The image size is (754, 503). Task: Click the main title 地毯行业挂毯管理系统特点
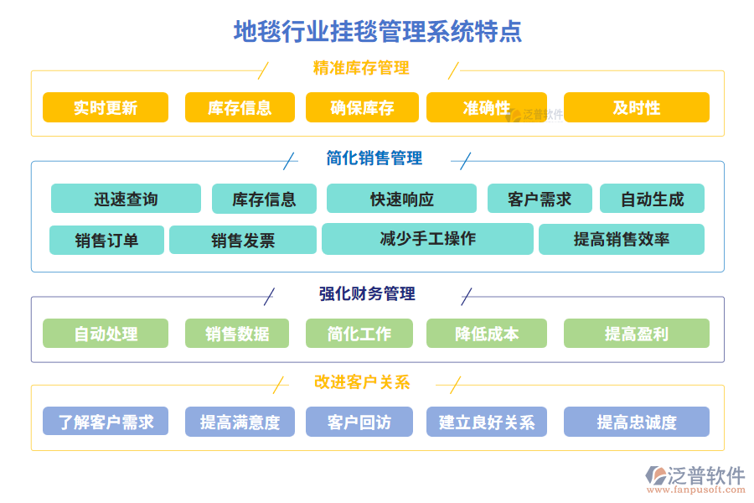pos(378,32)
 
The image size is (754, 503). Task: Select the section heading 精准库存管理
pos(361,68)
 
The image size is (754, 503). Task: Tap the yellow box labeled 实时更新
pos(106,107)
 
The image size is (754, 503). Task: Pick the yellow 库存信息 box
pos(240,107)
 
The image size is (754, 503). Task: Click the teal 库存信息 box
pos(264,199)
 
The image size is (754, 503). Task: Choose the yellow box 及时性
pos(636,107)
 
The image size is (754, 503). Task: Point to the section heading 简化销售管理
pos(374,158)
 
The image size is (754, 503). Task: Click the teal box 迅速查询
pos(126,199)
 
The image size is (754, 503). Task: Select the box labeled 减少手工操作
pos(427,239)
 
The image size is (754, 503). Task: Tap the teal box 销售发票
pos(243,240)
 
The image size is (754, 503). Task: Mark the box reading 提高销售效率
pos(621,239)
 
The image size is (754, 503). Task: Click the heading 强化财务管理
pos(367,293)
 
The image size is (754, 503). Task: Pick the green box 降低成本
pos(487,334)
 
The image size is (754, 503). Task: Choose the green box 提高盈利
pos(636,334)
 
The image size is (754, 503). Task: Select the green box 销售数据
pos(237,334)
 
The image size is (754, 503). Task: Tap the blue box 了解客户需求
pos(106,422)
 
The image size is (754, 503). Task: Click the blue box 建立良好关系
pos(487,422)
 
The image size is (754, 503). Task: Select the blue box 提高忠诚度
pos(636,422)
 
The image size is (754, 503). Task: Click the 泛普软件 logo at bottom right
pos(695,479)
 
